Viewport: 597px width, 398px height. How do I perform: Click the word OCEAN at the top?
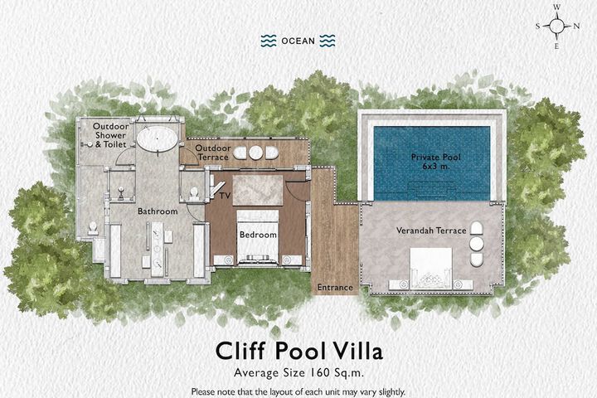pos(298,41)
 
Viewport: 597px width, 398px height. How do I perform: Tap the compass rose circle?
pos(556,26)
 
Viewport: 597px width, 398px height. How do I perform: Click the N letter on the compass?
pos(576,27)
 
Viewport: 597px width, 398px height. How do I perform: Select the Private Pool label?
pos(435,157)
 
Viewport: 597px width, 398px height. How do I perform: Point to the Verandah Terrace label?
pos(431,231)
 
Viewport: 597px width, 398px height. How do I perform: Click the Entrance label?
pos(335,288)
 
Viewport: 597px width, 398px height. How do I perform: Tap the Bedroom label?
pos(258,235)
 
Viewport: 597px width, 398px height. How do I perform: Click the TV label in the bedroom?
pos(225,196)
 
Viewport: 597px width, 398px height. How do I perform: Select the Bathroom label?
pos(158,211)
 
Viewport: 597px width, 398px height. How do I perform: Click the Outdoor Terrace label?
pos(213,153)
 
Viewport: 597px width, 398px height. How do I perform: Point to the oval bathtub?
pos(158,138)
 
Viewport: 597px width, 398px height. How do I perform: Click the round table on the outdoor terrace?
pos(255,153)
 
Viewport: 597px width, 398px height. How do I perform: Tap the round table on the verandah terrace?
pos(476,244)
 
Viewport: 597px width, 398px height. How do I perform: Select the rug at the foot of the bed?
pos(258,191)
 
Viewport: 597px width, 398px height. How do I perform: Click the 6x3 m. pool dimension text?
pos(436,166)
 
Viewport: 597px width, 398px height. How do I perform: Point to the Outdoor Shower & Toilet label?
pos(110,135)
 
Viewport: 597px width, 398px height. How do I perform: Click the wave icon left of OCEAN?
pos(269,41)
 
